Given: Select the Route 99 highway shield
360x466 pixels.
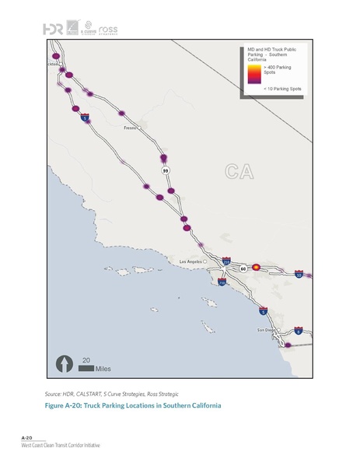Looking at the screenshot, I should pos(166,170).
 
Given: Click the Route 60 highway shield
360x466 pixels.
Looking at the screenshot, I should pos(243,268).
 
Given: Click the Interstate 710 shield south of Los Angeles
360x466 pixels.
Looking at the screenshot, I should pos(222,283).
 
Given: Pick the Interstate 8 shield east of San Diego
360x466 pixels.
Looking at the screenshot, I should pos(299,331).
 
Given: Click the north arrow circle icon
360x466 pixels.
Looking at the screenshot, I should pos(63,363).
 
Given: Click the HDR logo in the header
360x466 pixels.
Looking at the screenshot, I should pos(54,29).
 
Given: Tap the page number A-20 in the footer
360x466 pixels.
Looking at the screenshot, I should pos(27,439).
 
